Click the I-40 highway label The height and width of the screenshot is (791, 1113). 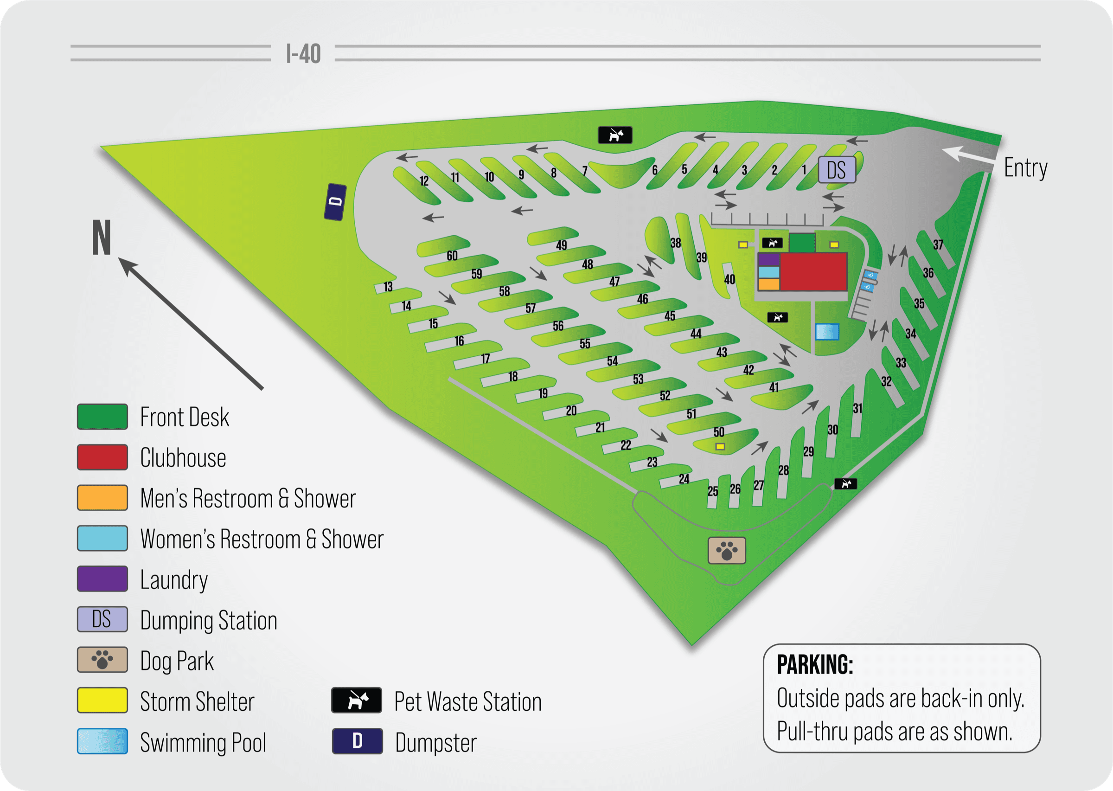[303, 53]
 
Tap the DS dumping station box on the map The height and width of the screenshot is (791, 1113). [837, 170]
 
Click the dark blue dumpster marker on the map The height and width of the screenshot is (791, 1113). [335, 202]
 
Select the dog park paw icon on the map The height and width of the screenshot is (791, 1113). [726, 551]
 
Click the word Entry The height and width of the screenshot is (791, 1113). [1025, 168]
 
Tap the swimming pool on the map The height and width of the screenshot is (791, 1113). [827, 332]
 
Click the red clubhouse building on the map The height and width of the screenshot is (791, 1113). [813, 271]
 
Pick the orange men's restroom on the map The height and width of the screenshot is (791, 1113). [769, 284]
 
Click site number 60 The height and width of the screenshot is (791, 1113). [452, 256]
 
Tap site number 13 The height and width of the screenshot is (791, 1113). [388, 287]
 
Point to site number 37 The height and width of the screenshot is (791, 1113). [938, 245]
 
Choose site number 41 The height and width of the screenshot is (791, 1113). [774, 388]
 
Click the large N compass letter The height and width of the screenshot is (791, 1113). [102, 238]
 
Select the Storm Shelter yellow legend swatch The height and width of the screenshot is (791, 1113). [102, 701]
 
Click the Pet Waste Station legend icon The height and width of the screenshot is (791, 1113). [357, 701]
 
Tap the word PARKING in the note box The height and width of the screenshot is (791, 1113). [814, 665]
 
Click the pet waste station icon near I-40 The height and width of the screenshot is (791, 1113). [615, 135]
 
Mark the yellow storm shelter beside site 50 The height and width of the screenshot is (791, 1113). [720, 446]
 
